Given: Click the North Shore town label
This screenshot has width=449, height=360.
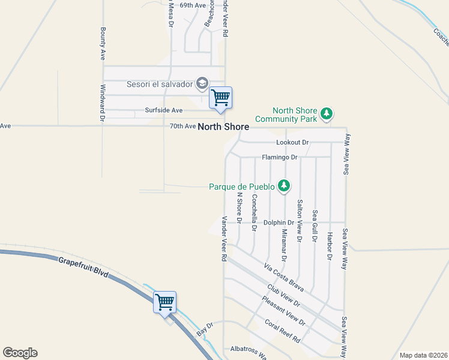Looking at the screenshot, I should pos(223,127).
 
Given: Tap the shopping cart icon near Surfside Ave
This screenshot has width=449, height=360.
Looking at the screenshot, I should pos(220,97).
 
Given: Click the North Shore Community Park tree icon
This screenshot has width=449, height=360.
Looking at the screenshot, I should pos(326,113).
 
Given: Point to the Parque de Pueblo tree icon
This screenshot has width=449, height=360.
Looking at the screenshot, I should pos(285,187).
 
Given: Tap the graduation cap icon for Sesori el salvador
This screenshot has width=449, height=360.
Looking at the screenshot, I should pos(203,83).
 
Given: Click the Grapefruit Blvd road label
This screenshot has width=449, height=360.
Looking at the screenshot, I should pos(84,268).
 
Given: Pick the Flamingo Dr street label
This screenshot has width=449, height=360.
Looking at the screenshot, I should pos(280,157).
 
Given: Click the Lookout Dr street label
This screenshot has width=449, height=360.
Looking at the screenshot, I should pos(292,142).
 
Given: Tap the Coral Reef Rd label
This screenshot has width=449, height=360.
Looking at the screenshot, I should pos(283,331).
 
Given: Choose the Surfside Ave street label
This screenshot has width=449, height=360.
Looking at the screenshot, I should pos(163,110).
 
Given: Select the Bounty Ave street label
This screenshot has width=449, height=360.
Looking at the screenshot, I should pos(103,43).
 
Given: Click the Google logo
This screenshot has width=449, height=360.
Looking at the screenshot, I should pos(20,353).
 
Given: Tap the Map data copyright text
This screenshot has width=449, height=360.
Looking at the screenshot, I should pos(423,355).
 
